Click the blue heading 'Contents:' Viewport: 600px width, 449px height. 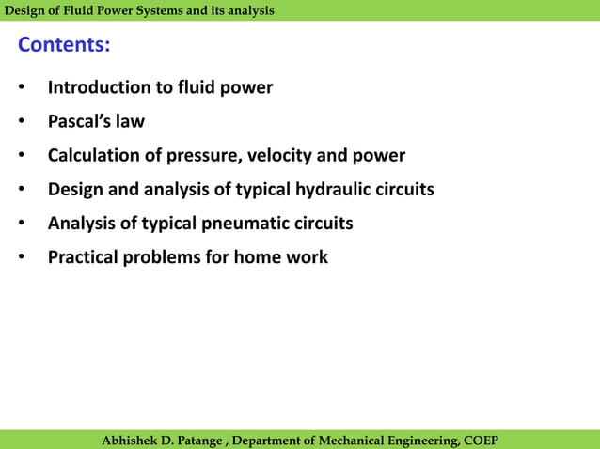(64, 45)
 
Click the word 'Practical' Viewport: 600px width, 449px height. (83, 256)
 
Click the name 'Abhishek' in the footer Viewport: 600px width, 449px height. (132, 441)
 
